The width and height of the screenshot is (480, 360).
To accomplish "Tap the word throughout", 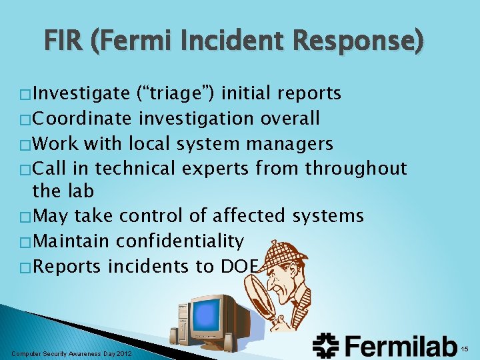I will tap(356, 167).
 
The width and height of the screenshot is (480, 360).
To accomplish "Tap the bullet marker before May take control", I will tap(26, 217).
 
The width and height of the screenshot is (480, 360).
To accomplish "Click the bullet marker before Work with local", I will tap(26, 144).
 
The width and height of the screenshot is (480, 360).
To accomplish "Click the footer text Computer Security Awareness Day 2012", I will tap(72, 353).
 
